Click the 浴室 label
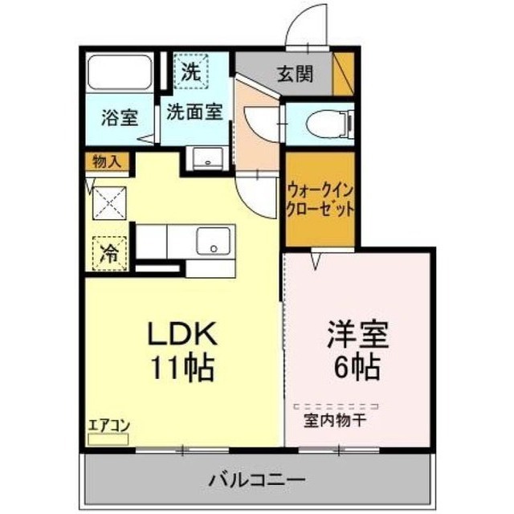(x=120, y=117)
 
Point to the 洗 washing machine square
(x=190, y=70)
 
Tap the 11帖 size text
(x=182, y=367)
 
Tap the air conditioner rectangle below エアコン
(x=105, y=439)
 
